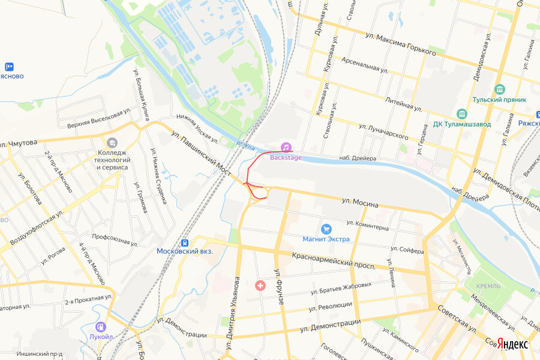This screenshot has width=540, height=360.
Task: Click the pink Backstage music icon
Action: click(287, 147)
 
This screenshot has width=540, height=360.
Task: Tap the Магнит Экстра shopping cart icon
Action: click(326, 229)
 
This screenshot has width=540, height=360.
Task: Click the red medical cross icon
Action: click(260, 286)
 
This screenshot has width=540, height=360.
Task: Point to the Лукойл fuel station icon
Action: click(101, 326)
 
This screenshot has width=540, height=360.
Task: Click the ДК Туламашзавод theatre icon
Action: click(461, 113)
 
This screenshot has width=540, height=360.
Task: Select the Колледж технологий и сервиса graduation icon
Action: click(112, 143)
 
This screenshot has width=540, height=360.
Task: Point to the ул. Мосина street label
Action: click(360, 203)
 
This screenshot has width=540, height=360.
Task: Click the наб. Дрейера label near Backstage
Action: click(358, 158)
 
